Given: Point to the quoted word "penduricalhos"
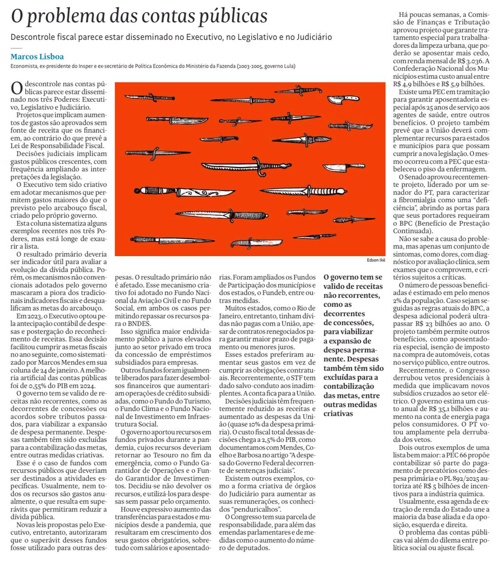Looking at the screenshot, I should [255, 509].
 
